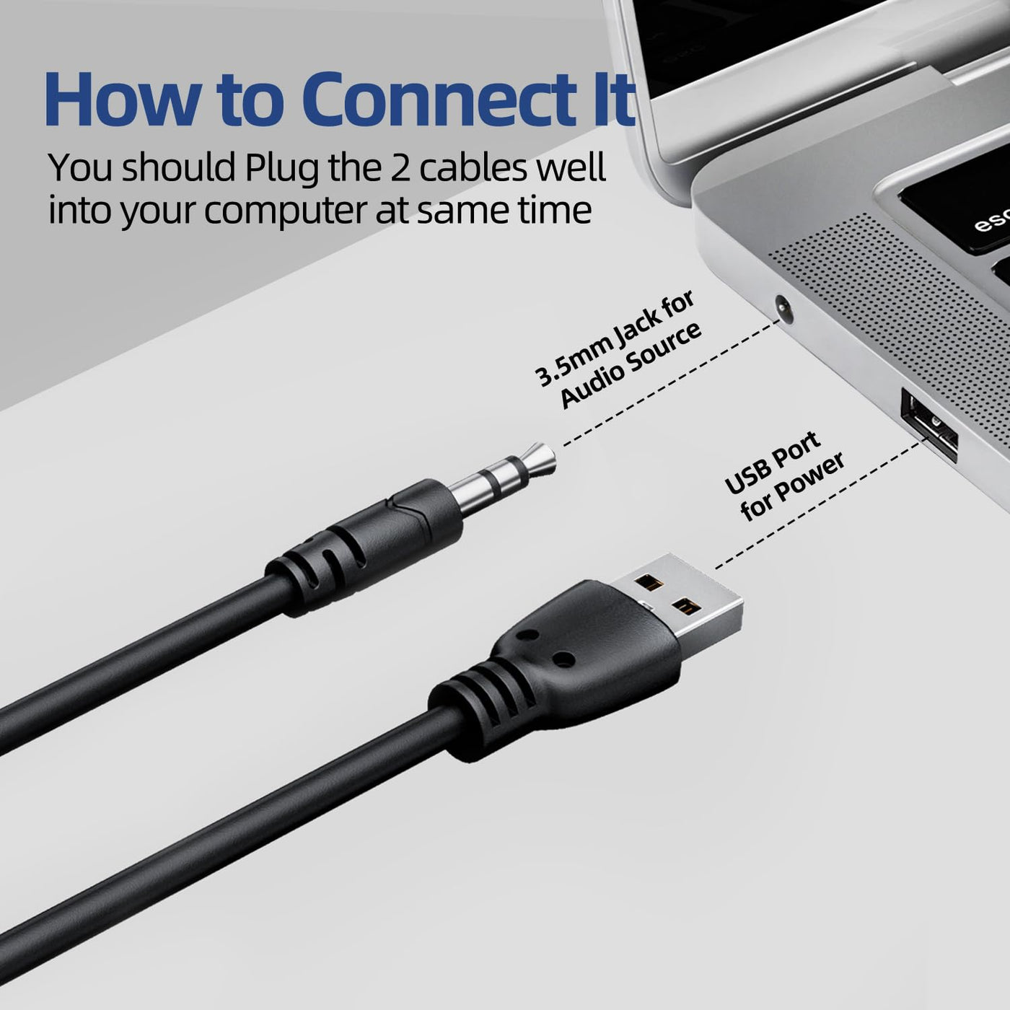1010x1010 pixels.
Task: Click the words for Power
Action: (x=792, y=488)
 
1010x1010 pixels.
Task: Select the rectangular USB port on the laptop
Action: (x=928, y=425)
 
